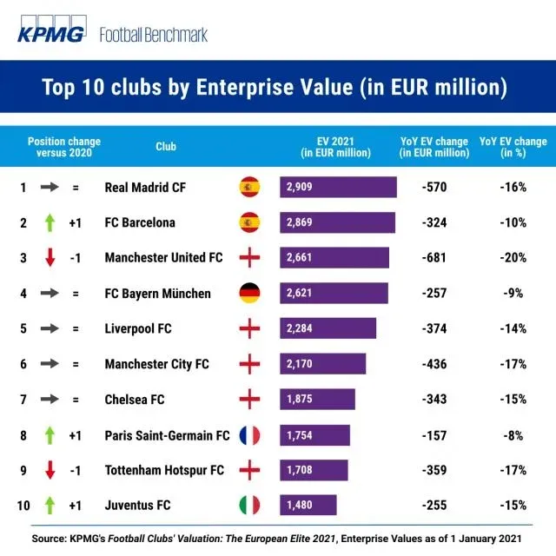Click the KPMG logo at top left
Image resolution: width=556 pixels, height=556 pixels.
(52, 34)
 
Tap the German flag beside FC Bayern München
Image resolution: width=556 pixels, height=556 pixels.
(250, 293)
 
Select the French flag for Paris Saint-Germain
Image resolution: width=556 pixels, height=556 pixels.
(250, 434)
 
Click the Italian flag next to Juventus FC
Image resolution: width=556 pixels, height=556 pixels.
(250, 505)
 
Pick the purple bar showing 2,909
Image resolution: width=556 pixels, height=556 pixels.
(338, 187)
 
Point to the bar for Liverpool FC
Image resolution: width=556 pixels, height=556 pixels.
(328, 328)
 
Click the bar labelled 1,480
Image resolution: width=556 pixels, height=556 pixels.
(308, 505)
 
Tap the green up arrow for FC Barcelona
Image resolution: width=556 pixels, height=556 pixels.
(50, 222)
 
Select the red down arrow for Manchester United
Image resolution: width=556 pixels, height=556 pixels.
(50, 258)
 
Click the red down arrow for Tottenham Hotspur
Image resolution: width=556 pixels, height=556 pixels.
(50, 470)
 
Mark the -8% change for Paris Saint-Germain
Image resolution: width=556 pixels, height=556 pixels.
(513, 434)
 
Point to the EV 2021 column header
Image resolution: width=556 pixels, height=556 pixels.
(335, 147)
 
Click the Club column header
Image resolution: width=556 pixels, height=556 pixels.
(166, 147)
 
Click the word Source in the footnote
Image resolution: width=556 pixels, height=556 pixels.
(50, 539)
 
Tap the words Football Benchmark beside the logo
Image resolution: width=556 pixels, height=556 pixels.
(154, 36)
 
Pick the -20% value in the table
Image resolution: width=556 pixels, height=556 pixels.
(513, 258)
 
